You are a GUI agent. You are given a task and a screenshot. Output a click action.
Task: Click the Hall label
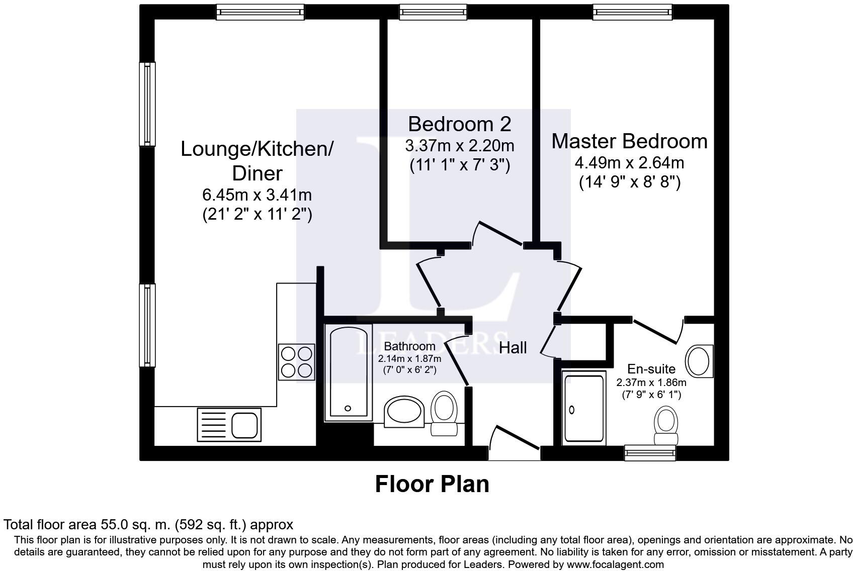[513, 347]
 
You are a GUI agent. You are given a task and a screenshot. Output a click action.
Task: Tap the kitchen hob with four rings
[296, 362]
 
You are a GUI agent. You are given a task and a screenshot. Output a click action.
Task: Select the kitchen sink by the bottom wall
[229, 424]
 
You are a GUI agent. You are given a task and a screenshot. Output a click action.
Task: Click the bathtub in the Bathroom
[349, 372]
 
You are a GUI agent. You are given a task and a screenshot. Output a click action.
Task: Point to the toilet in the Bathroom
[444, 413]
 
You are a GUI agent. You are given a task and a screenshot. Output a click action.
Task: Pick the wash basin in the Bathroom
[404, 412]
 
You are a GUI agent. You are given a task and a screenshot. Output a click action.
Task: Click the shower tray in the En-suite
[584, 408]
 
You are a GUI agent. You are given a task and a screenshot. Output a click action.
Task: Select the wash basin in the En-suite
[699, 361]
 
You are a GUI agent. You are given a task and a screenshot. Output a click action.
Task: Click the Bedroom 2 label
[459, 124]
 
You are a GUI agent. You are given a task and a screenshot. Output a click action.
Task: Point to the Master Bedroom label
[630, 141]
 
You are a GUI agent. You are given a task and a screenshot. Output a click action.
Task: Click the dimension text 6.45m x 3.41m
[257, 195]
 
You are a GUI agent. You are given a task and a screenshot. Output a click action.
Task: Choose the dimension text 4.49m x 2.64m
[630, 163]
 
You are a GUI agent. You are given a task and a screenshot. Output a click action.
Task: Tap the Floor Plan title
[432, 484]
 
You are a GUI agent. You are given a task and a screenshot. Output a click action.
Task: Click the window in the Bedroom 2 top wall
[433, 12]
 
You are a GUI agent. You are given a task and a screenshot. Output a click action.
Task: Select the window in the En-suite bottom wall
[650, 453]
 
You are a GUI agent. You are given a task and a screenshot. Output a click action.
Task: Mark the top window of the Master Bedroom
[632, 12]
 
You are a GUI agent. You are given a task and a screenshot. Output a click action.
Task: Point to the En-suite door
[658, 330]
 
